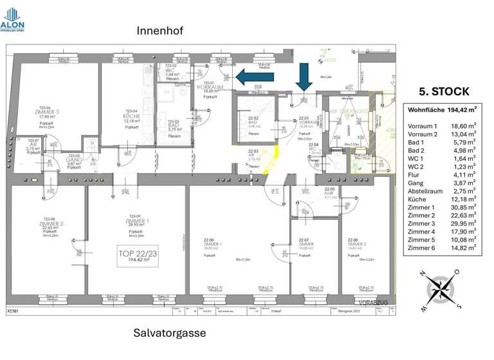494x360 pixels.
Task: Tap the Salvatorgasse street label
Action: tap(170, 333)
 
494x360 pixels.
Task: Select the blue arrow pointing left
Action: tap(255, 77)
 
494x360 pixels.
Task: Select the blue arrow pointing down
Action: tap(304, 79)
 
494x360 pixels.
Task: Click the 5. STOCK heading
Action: tap(444, 91)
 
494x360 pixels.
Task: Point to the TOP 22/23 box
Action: tap(137, 256)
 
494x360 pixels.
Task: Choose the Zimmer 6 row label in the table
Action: tap(422, 247)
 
